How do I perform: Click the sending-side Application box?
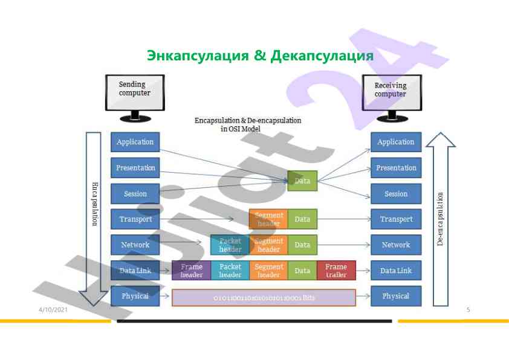tap(135, 142)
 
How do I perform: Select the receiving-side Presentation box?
tap(396, 168)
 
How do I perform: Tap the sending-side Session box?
tap(135, 194)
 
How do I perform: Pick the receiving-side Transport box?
tap(396, 219)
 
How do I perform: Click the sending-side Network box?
tap(135, 245)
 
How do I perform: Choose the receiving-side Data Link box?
tap(396, 271)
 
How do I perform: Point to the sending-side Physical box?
tap(135, 296)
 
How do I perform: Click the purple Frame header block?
tap(192, 271)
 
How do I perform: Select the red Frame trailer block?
tap(336, 271)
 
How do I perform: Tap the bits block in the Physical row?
tap(264, 298)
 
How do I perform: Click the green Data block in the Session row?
tap(302, 181)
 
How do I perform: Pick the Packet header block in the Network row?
tap(230, 245)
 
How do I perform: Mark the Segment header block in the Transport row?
tap(268, 219)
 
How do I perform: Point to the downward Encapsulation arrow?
tap(94, 217)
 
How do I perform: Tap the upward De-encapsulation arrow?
tap(441, 217)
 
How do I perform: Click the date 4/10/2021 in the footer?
tap(53, 310)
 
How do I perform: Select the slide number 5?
tap(468, 310)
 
